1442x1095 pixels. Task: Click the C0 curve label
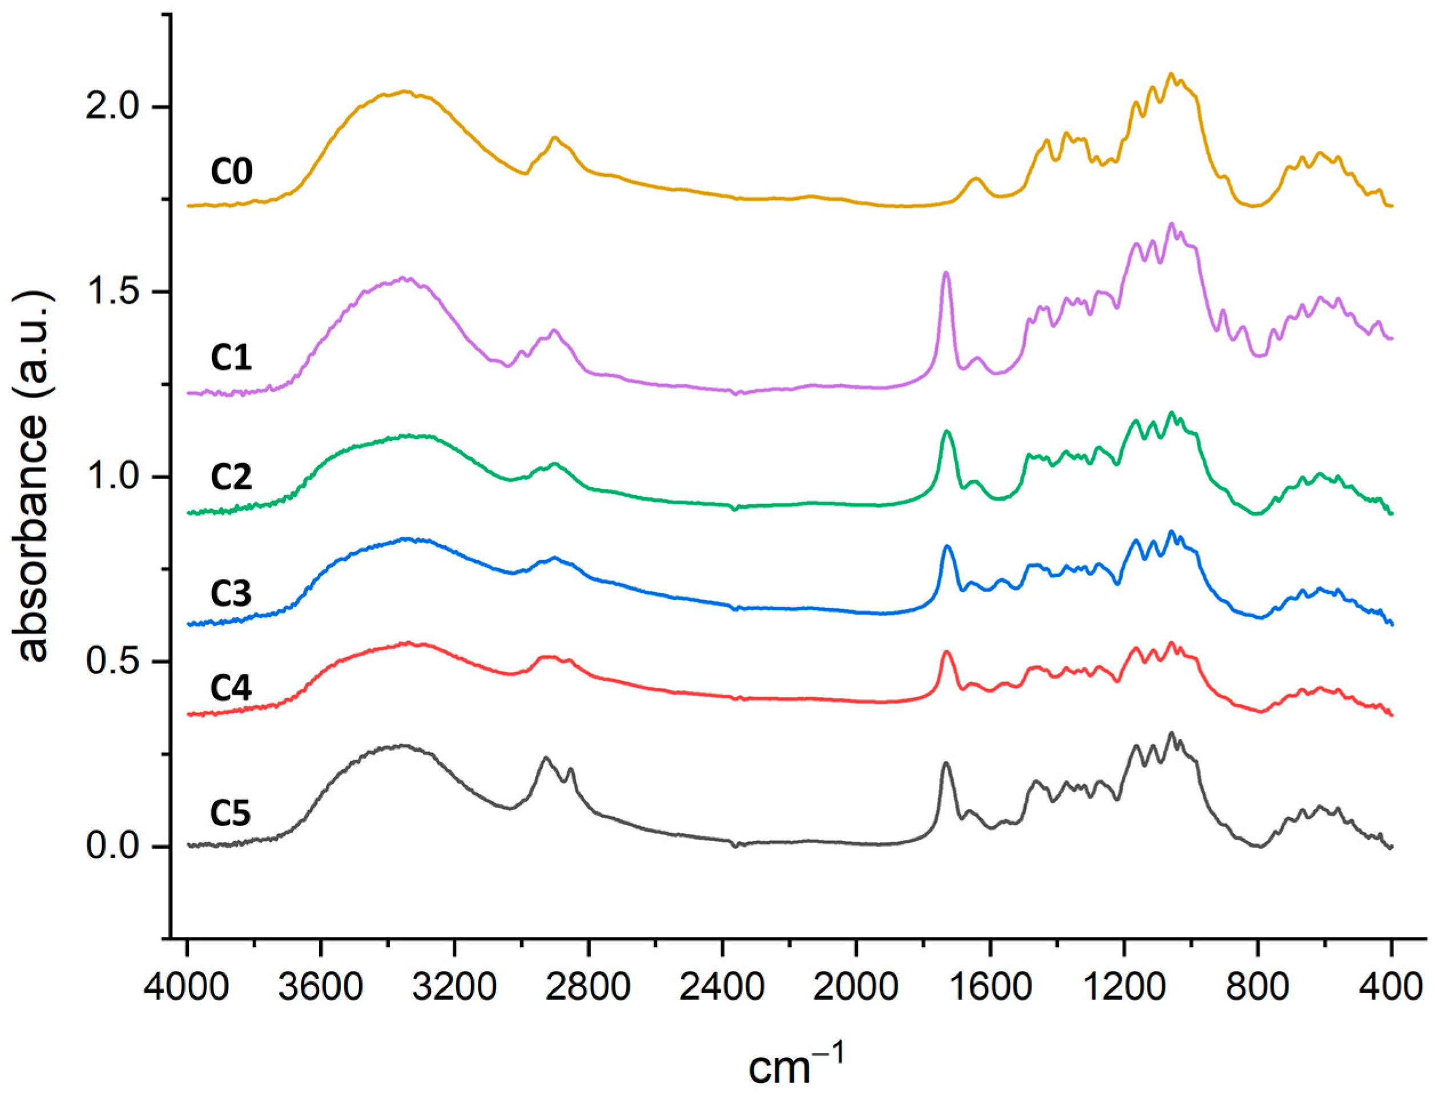pos(231,173)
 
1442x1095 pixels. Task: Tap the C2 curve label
pos(231,478)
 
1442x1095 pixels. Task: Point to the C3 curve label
pos(231,593)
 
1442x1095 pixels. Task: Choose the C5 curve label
pos(231,814)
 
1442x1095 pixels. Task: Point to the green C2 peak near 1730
pos(946,432)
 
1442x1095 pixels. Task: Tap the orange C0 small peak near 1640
pos(976,178)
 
